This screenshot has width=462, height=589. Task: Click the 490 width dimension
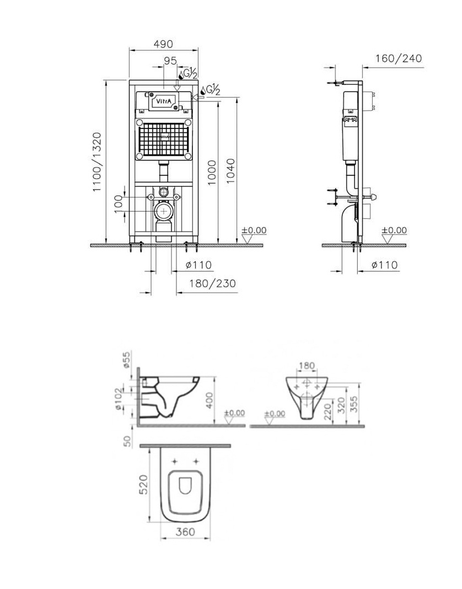click(163, 44)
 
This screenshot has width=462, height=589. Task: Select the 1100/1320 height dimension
click(97, 162)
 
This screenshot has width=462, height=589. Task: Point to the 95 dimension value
click(170, 60)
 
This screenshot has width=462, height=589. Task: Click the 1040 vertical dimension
click(230, 171)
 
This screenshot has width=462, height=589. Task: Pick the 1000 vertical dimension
click(212, 173)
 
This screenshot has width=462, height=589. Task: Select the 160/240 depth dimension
click(399, 58)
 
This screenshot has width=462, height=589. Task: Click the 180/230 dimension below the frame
click(213, 283)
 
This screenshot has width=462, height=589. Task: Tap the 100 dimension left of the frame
click(119, 204)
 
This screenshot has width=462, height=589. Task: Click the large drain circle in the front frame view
click(164, 211)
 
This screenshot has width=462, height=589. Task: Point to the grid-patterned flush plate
click(164, 138)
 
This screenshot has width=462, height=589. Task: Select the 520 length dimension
click(143, 484)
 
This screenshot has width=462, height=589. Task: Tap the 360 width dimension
click(185, 532)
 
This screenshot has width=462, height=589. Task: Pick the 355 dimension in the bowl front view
click(353, 404)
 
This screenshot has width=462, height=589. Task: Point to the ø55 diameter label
click(127, 360)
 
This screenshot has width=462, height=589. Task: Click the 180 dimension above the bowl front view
click(307, 366)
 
